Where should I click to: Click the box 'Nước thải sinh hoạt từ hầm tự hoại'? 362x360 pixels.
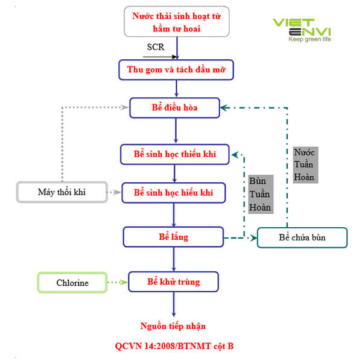(176, 22)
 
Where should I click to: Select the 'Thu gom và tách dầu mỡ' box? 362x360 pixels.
(176, 69)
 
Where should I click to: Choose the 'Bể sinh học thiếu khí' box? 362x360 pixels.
(176, 155)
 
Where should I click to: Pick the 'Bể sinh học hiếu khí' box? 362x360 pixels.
(175, 193)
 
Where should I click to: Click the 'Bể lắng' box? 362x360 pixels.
(173, 237)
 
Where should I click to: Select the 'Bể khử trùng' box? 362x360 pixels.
(173, 281)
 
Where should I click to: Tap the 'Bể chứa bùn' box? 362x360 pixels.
(302, 237)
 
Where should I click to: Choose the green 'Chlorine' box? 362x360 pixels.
(72, 282)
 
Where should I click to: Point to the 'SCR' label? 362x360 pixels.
(156, 47)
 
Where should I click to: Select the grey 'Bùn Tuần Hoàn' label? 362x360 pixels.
(260, 194)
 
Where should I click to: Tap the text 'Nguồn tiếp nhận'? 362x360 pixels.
(173, 326)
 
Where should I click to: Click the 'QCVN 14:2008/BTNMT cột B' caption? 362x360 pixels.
(174, 346)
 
